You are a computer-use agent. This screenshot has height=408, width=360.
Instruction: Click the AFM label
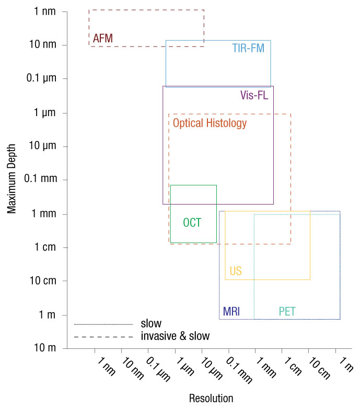(102, 38)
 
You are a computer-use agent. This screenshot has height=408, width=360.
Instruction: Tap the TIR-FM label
(248, 49)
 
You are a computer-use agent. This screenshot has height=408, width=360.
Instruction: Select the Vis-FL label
(254, 95)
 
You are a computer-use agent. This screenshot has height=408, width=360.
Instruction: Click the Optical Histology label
(210, 123)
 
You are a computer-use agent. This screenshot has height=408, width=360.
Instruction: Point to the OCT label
(192, 222)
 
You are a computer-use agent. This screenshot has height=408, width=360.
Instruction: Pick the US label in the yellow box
(236, 271)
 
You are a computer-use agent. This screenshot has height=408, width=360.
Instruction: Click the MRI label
(231, 312)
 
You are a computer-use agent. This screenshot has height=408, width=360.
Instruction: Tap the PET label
(287, 312)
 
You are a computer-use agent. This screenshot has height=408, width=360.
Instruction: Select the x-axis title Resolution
(211, 398)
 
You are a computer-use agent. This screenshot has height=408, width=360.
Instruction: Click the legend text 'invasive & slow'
(175, 336)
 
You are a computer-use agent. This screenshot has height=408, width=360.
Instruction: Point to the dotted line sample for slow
(103, 324)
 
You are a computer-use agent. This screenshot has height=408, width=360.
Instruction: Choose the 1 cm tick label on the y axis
(42, 247)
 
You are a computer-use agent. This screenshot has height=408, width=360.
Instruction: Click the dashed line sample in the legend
(103, 337)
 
